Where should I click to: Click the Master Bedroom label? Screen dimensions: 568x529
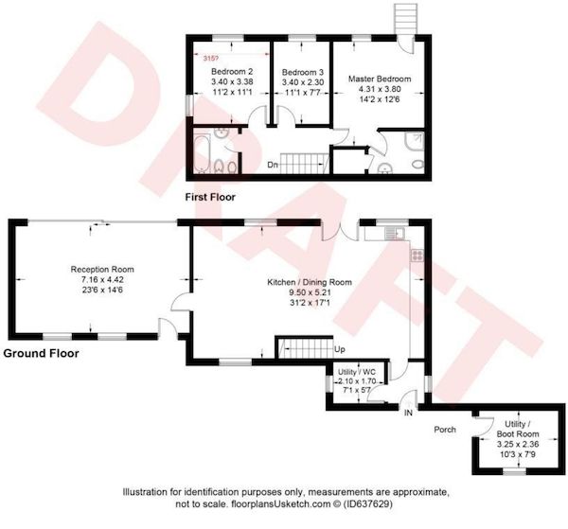(380, 79)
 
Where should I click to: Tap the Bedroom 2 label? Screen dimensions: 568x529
(232, 71)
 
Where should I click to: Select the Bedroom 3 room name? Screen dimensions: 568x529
(303, 72)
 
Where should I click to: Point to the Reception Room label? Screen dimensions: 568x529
(102, 270)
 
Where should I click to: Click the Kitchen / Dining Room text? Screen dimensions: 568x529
(310, 282)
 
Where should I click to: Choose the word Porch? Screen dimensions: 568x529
(445, 430)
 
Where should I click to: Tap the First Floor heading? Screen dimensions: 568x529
(210, 197)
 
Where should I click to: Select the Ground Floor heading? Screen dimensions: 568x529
(41, 353)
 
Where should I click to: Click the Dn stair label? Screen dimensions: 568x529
(273, 165)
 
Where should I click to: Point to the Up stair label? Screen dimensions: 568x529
(340, 349)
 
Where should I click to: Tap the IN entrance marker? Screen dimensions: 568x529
(408, 413)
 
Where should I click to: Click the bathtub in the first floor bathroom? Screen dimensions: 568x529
(202, 153)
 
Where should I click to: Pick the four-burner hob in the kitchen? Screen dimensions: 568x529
(417, 256)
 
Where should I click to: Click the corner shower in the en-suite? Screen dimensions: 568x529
(415, 141)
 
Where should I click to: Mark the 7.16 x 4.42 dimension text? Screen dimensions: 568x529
(102, 279)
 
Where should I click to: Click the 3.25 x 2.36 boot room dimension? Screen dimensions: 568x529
(518, 444)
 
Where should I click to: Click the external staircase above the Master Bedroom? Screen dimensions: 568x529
(405, 19)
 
